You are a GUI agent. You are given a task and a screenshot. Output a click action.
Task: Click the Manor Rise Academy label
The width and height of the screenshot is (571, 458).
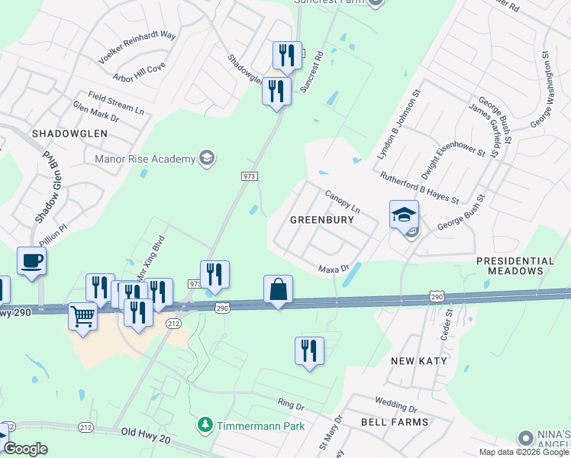pos(145,159)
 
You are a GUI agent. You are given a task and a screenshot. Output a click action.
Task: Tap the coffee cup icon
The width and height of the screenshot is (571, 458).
pos(32,261)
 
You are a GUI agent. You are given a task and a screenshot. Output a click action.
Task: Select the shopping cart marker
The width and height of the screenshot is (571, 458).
pos(82,314)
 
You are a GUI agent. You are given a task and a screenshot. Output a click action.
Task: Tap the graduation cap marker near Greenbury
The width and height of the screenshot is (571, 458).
pos(404,214)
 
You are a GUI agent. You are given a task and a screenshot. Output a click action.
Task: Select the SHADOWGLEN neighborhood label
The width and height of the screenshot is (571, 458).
pos(69,133)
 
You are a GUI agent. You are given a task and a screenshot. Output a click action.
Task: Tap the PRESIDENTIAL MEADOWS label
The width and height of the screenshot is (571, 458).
pos(516,266)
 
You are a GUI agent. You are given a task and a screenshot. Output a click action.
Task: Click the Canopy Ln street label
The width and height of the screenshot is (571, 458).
pos(343,202)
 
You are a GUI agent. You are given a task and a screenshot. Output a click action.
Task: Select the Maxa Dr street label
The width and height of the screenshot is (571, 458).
pos(333,269)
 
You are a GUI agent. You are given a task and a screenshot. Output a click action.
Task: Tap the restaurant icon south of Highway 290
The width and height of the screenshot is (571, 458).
pos(309,351)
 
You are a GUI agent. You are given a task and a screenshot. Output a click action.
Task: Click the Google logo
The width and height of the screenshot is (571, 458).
pos(25,449)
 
